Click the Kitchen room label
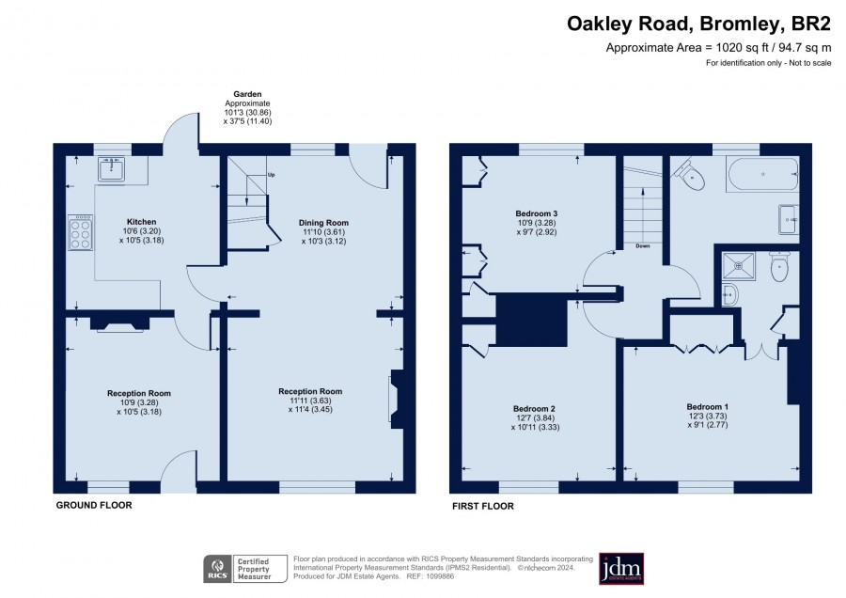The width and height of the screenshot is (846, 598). [x=141, y=222]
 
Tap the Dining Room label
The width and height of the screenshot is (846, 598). [x=323, y=222]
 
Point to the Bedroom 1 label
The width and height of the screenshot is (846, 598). [x=707, y=406]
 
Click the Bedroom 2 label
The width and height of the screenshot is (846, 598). [x=534, y=409]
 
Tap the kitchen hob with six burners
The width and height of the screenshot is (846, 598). [x=81, y=232]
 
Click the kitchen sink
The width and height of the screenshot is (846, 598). [x=112, y=169]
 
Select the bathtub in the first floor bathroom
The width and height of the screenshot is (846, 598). [x=762, y=174]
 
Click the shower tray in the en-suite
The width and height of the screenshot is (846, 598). [x=739, y=266]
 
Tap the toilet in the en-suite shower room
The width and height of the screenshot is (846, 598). [x=780, y=266]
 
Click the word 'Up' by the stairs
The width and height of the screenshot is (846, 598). [x=272, y=175]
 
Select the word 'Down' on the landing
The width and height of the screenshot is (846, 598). [x=643, y=246]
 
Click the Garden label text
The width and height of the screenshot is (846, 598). [x=247, y=94]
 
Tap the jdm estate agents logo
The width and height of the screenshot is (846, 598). [x=621, y=568]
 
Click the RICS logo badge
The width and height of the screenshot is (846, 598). [x=218, y=569]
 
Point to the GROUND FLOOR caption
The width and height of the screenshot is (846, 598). [x=94, y=505]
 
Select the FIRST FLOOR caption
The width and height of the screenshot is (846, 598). [x=483, y=506]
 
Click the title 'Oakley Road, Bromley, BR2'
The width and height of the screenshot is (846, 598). [x=698, y=24]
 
